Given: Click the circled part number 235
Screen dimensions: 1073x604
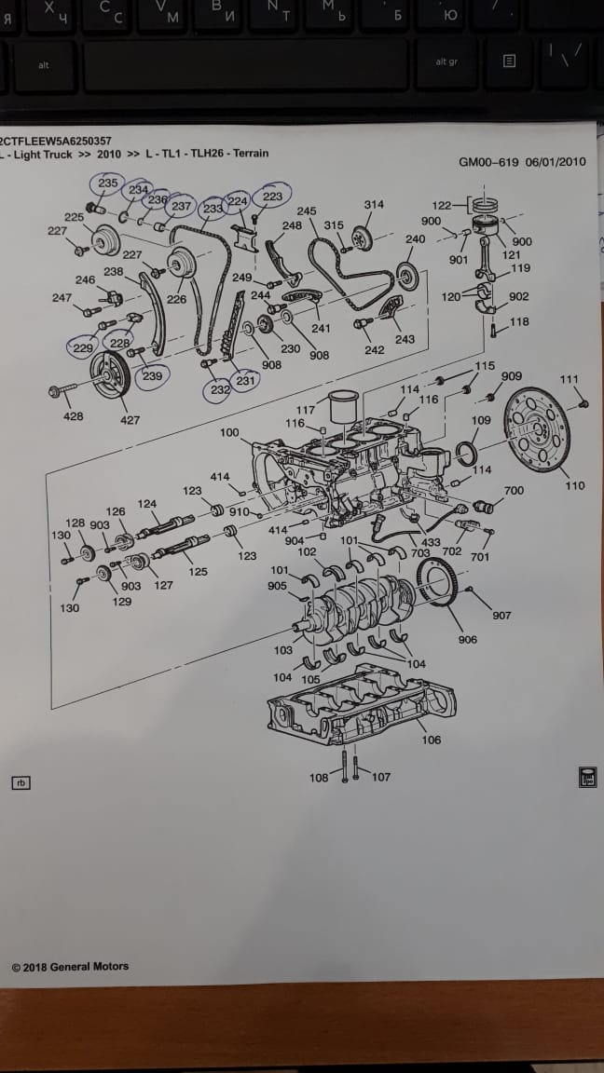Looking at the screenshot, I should pyautogui.click(x=108, y=183).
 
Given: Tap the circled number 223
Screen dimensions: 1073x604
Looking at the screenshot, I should pyautogui.click(x=272, y=197).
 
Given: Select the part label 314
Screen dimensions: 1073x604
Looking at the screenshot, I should pyautogui.click(x=374, y=204).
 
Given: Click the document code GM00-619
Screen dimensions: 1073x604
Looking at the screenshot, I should pyautogui.click(x=489, y=161).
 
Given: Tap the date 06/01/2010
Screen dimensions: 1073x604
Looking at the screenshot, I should pyautogui.click(x=556, y=161).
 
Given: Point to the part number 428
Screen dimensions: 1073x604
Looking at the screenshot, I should pyautogui.click(x=73, y=416).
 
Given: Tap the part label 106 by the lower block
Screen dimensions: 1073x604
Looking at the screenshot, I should pyautogui.click(x=431, y=740).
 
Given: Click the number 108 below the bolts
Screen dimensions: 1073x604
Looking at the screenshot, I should pyautogui.click(x=319, y=778).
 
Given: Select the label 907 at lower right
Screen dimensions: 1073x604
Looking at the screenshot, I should pyautogui.click(x=502, y=616).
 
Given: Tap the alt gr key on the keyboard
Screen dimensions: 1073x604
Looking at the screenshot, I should pyautogui.click(x=446, y=62).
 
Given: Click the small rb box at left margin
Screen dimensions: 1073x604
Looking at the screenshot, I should pyautogui.click(x=21, y=782).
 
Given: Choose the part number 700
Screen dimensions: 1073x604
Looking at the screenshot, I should pyautogui.click(x=514, y=491).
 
